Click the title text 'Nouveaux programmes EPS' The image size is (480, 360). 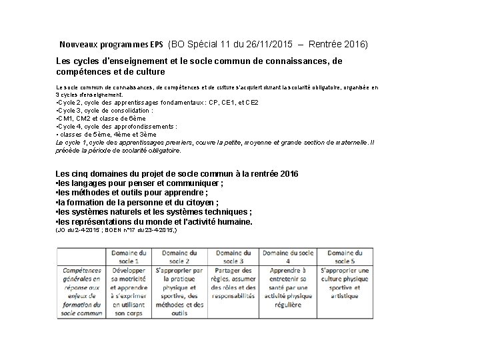pos(111,45)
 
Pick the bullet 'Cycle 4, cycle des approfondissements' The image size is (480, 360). pos(116,125)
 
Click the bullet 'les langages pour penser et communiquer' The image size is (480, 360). pos(139,182)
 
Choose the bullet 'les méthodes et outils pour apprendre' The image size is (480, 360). pos(134,193)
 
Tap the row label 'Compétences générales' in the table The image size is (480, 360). pos(82,292)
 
